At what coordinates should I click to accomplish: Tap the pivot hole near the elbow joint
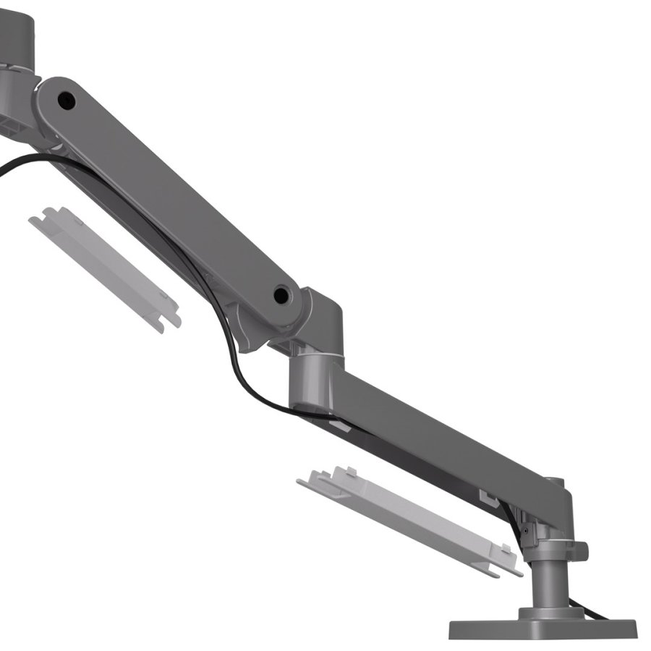281,294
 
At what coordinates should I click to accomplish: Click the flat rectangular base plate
542,628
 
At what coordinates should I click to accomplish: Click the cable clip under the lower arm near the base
490,498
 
